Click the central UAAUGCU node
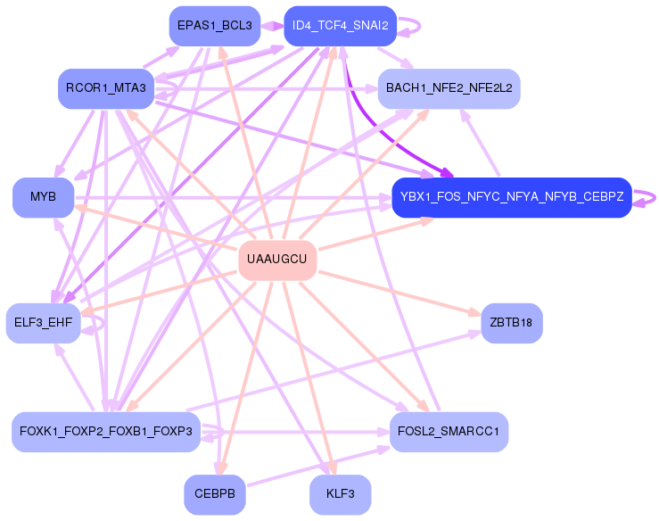click(277, 260)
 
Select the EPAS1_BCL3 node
click(214, 25)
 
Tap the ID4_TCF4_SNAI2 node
click(340, 25)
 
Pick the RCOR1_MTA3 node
click(106, 87)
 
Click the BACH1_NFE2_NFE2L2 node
click(449, 88)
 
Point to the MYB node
click(43, 197)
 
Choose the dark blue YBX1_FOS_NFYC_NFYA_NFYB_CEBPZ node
click(511, 197)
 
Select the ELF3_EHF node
click(43, 322)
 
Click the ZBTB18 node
click(511, 322)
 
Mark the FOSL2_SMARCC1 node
click(449, 432)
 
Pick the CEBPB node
click(214, 494)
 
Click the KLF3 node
click(340, 494)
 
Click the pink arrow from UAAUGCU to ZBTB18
click(401, 290)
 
